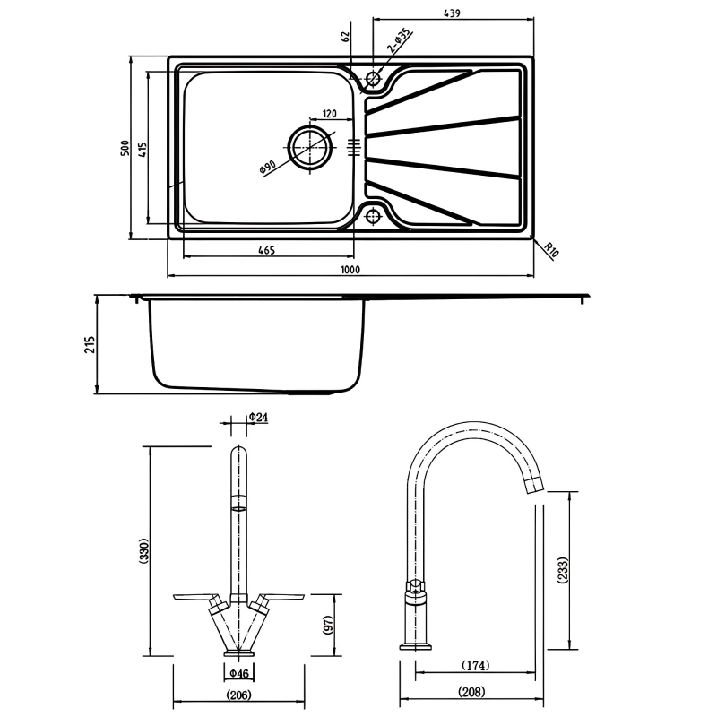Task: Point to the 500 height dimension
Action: (125, 147)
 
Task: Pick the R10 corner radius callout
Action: (551, 251)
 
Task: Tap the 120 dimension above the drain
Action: (329, 114)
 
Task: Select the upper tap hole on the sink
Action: (373, 78)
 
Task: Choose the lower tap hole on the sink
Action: (373, 215)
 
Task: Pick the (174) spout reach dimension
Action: (474, 666)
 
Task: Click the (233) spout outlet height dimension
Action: (561, 570)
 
